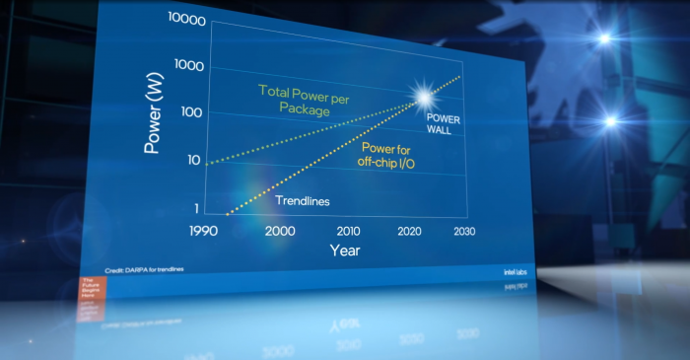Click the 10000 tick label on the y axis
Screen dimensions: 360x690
point(187,19)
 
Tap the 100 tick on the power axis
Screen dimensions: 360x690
point(192,112)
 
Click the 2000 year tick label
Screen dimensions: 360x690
point(280,231)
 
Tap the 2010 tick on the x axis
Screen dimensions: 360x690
point(348,231)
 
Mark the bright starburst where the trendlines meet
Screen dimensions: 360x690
point(424,96)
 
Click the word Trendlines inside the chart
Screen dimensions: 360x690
point(302,201)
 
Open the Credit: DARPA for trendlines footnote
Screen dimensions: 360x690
point(144,269)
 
